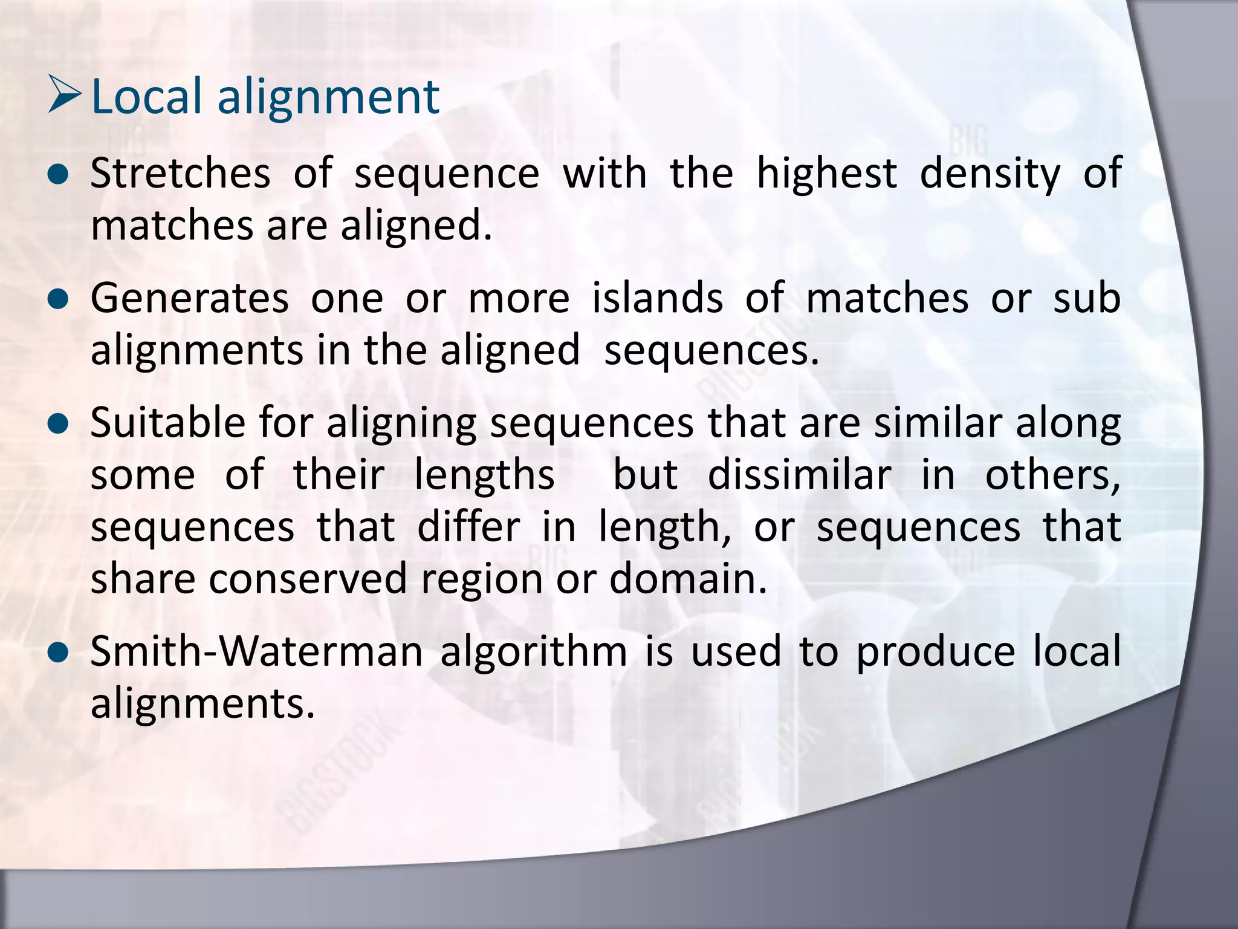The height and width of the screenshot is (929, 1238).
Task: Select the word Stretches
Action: coord(180,174)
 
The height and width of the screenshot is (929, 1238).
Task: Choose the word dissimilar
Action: coord(799,475)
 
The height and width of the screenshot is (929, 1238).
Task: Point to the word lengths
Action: coord(484,475)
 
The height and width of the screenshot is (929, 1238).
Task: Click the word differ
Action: coord(468,527)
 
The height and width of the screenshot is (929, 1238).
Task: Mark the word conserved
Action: coord(308,579)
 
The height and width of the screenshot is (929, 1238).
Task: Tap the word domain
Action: coord(687,579)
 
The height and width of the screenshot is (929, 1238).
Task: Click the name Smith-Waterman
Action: coord(257,652)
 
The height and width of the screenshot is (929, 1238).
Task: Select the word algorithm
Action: coord(534,652)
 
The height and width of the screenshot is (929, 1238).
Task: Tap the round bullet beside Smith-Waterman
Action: coord(59,654)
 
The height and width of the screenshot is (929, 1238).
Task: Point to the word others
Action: coord(1052,475)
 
